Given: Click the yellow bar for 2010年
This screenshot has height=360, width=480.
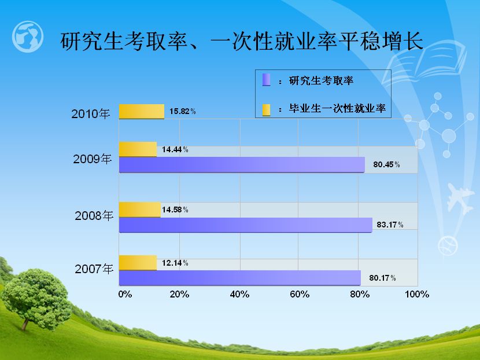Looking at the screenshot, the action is pyautogui.click(x=142, y=112).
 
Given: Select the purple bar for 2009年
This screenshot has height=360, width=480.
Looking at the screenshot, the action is pyautogui.click(x=242, y=165).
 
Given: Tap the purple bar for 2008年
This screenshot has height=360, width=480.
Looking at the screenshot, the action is pyautogui.click(x=246, y=225).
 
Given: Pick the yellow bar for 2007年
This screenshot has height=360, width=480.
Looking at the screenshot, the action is pyautogui.click(x=138, y=263).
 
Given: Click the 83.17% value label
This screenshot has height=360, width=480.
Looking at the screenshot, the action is pyautogui.click(x=390, y=225).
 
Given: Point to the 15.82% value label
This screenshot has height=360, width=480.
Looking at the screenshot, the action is pyautogui.click(x=182, y=111).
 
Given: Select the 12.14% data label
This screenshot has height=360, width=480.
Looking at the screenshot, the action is pyautogui.click(x=175, y=263).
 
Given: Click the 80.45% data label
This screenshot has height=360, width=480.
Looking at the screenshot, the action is pyautogui.click(x=386, y=164).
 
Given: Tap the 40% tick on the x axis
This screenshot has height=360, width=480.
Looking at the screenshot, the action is pyautogui.click(x=239, y=295).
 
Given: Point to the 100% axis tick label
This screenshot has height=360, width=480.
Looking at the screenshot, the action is pyautogui.click(x=417, y=295).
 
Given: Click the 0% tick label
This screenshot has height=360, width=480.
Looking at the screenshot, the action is pyautogui.click(x=125, y=295).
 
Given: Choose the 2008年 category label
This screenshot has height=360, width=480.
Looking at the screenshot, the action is pyautogui.click(x=94, y=216).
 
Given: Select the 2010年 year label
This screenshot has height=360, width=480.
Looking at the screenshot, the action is pyautogui.click(x=91, y=113).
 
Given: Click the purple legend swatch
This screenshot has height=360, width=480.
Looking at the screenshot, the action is pyautogui.click(x=267, y=80).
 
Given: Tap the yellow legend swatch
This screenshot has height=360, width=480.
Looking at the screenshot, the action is pyautogui.click(x=267, y=110).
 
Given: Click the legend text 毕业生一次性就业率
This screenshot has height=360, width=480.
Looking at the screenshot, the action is pyautogui.click(x=337, y=108).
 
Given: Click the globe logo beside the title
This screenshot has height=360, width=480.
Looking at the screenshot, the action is pyautogui.click(x=28, y=36).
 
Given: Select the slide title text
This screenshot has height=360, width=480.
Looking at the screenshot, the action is pyautogui.click(x=242, y=41).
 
